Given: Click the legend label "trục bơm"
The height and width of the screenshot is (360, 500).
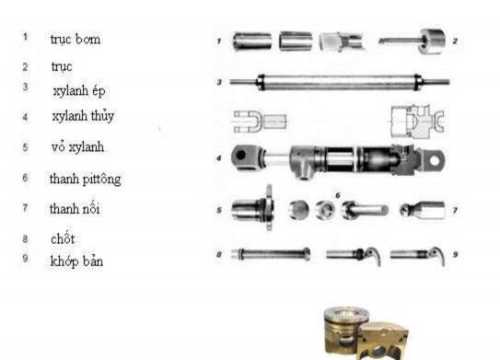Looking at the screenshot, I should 76,40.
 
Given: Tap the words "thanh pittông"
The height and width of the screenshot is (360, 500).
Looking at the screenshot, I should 85,180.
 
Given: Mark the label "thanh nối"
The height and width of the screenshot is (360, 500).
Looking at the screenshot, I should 76,209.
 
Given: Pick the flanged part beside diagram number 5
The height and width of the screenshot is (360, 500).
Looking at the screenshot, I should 251,209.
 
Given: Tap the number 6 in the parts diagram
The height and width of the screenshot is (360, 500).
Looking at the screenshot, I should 338,195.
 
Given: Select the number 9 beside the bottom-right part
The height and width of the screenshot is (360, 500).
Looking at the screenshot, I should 454,252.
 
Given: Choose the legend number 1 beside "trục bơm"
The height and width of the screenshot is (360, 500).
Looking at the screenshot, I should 26,39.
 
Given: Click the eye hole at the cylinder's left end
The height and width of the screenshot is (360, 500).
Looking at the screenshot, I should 242,157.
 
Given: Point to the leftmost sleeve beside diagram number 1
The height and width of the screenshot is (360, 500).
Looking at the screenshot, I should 251,41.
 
